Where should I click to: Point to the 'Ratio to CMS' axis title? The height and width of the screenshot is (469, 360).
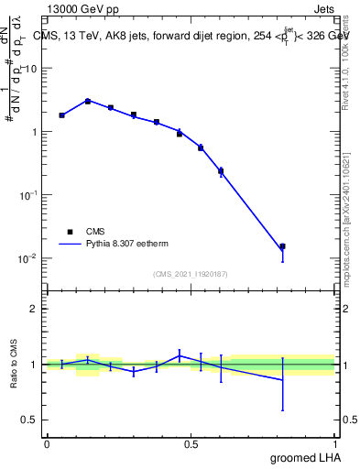click(15, 364)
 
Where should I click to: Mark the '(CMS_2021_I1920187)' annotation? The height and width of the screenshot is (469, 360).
click(190, 273)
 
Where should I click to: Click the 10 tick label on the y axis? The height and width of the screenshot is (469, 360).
click(31, 69)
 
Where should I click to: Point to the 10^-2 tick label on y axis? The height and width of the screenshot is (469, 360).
click(28, 258)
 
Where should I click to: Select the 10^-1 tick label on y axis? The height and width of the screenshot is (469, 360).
click(28, 195)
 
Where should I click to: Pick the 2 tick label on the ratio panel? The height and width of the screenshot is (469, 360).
click(33, 309)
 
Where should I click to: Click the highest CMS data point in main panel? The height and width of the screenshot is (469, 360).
click(87, 101)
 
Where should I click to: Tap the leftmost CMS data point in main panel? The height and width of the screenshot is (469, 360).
click(61, 115)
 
